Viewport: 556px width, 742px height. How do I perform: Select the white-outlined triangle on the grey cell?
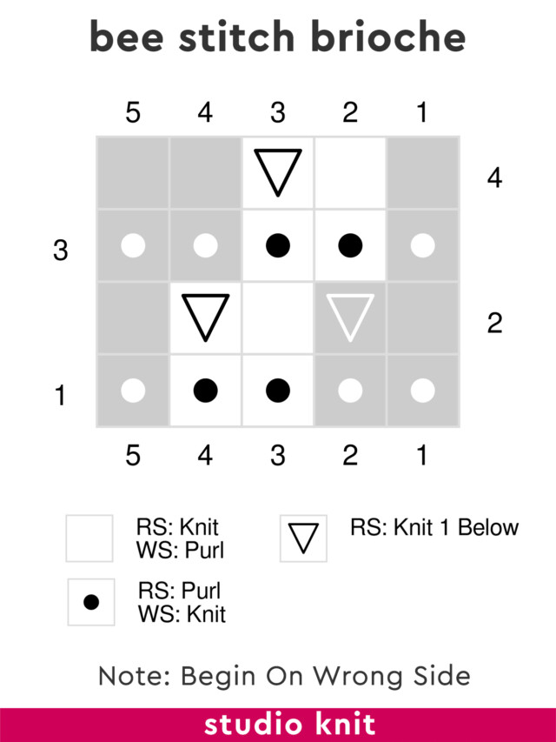[x=350, y=317]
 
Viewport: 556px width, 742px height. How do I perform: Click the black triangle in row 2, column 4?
[x=206, y=317]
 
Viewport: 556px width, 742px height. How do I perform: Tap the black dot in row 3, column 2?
[x=350, y=246]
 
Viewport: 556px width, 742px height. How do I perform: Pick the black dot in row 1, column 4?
[x=206, y=391]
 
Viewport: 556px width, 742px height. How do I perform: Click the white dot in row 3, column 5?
[x=133, y=246]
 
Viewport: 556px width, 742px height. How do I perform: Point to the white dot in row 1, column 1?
[x=422, y=391]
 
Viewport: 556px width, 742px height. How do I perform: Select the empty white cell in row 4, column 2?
[x=350, y=173]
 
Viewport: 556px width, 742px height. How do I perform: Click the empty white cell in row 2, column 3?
[x=278, y=318]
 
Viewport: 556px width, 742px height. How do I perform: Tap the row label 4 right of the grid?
[x=494, y=178]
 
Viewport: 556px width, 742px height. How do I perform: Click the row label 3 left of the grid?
[x=60, y=251]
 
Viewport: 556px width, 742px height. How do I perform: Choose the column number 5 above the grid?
[x=133, y=113]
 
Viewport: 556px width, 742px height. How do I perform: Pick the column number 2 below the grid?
[x=350, y=455]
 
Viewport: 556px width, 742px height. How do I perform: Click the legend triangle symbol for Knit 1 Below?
[x=303, y=538]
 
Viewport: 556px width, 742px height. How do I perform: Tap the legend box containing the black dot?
[x=91, y=602]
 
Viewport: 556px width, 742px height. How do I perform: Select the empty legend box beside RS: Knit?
[x=89, y=538]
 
